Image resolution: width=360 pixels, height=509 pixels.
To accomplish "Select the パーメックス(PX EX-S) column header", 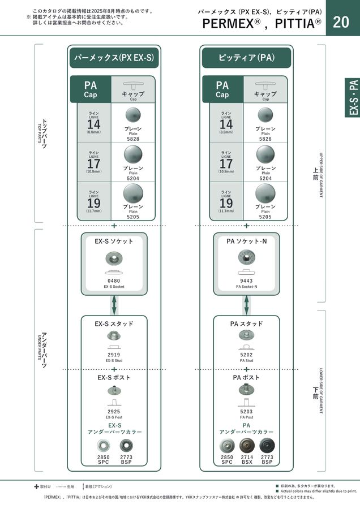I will (x=114, y=58).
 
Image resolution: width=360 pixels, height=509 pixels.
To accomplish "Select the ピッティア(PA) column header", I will (x=246, y=58).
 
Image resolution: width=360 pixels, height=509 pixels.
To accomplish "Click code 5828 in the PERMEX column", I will (x=133, y=139).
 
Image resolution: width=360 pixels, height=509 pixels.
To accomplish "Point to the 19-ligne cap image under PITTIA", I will (x=265, y=194).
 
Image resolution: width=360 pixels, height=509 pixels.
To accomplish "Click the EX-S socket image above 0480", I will (x=114, y=260).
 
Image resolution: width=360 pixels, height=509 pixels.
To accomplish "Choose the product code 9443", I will (x=246, y=281).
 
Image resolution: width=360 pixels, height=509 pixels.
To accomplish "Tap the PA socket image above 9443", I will (x=246, y=258).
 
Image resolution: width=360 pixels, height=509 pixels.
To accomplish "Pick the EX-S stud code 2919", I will (x=114, y=355).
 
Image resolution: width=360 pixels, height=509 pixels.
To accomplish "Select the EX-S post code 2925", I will (x=114, y=412).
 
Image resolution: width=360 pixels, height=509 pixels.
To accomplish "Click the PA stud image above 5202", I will (x=246, y=336).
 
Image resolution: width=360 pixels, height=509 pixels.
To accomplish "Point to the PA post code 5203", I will (x=246, y=412).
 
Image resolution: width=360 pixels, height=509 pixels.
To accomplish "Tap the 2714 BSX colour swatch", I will (x=247, y=445).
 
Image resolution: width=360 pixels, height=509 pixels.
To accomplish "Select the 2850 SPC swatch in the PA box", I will (x=226, y=445).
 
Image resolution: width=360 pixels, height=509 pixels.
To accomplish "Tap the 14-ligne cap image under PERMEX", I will (x=133, y=115).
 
